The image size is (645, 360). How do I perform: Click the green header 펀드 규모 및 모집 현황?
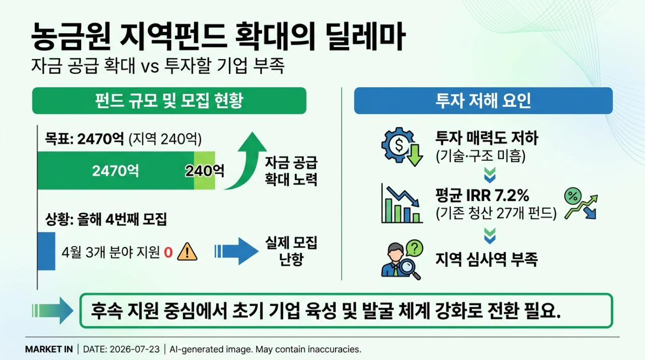tap(169, 100)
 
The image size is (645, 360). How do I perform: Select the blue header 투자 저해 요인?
tap(483, 100)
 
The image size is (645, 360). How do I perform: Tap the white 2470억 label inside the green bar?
tap(115, 171)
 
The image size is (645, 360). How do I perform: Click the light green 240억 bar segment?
tap(205, 170)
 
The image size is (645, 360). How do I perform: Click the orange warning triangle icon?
tap(187, 252)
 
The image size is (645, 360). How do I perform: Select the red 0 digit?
tap(168, 253)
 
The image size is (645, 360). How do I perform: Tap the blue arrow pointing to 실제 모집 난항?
tap(236, 251)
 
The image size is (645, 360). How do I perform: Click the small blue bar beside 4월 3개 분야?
tap(46, 251)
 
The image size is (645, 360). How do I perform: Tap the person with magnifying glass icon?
tap(402, 260)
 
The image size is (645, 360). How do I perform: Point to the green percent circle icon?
tap(573, 196)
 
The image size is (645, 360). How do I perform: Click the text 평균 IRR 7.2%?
tap(482, 195)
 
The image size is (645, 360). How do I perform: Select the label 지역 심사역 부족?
tap(486, 259)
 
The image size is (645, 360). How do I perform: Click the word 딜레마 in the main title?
tap(366, 37)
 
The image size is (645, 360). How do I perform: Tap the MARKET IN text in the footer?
tap(49, 349)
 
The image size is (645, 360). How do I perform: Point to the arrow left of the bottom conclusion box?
tap(52, 311)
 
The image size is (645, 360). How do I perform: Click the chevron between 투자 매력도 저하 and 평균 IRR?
tap(490, 175)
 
